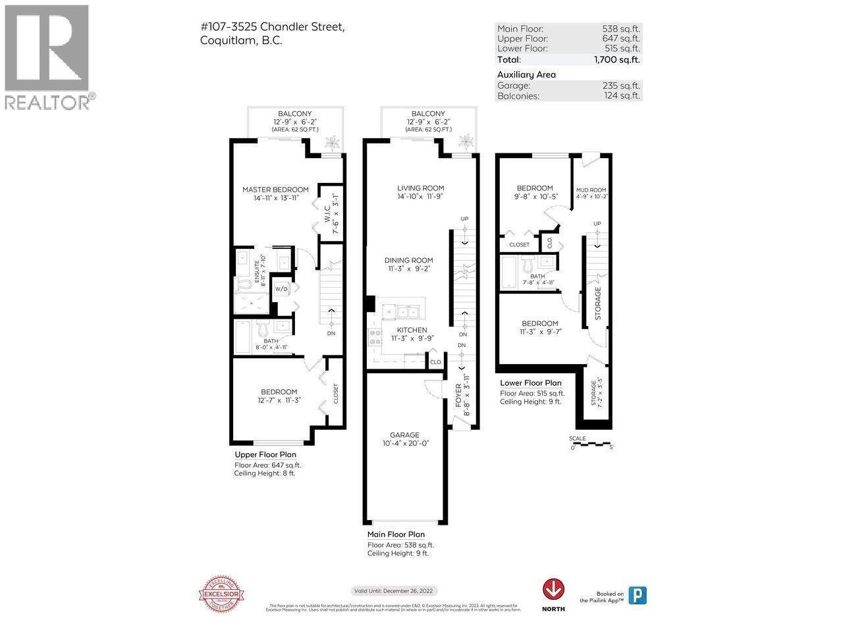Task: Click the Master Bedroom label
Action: pos(275,190)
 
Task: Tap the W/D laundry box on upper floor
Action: pos(281,289)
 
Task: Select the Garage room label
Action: pos(404,435)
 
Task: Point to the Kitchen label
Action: pos(412,330)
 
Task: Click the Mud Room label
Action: pos(591,190)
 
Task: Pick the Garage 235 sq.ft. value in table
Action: pos(623,86)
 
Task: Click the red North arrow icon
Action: pos(553,589)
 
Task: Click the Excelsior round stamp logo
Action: pos(223,594)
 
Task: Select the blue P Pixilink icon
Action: pos(637,595)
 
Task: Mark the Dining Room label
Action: pos(409,260)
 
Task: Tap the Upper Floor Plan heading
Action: pos(265,454)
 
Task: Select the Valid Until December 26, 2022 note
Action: pos(394,591)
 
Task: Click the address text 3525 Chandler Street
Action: pos(271,26)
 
